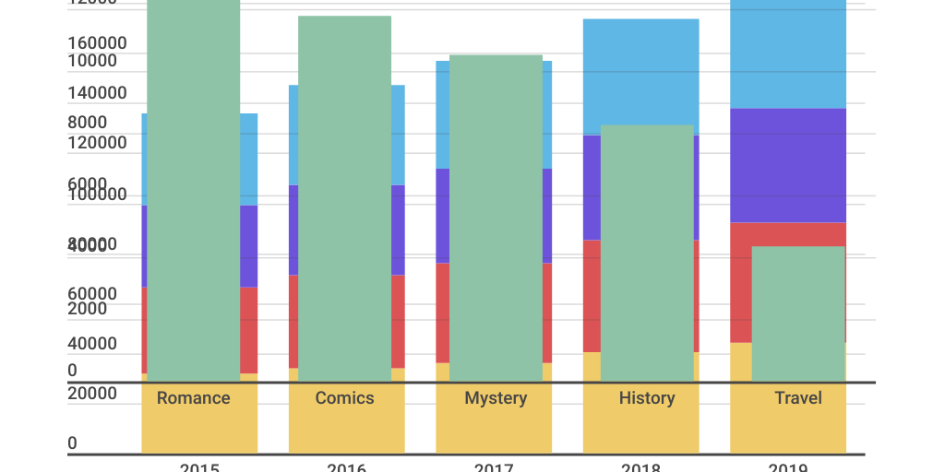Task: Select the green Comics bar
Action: [344, 198]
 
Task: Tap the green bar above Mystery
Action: [496, 218]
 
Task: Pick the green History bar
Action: [647, 253]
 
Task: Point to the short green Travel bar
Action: [798, 313]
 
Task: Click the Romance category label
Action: [193, 398]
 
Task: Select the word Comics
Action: [344, 398]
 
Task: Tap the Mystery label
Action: [496, 398]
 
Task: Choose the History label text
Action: [647, 398]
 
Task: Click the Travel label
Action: [798, 398]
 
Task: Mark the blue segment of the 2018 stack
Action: [640, 74]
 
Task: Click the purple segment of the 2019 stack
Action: [788, 166]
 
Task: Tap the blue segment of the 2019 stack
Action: [788, 55]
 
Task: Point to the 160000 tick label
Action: [98, 43]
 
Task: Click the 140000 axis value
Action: [98, 93]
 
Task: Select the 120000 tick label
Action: [98, 143]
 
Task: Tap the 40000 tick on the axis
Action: [92, 344]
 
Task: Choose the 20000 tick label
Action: [92, 394]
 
